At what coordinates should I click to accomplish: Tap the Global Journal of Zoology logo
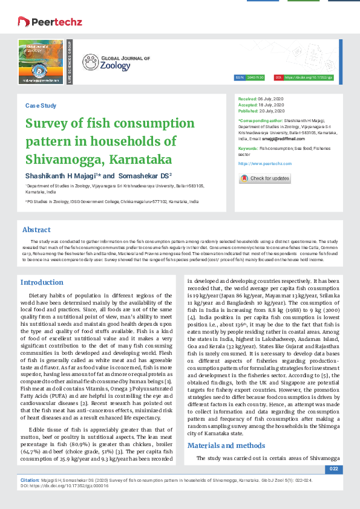108,62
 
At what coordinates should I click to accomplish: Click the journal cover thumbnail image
41,61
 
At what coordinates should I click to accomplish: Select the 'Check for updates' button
265,178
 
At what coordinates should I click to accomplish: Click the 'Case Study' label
41,106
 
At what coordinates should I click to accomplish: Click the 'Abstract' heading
36,230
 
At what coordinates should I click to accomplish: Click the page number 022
333,469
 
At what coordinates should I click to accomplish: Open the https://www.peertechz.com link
265,164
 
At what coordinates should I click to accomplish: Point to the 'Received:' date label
247,98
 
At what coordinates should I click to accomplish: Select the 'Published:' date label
249,111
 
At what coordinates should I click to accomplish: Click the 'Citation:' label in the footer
30,479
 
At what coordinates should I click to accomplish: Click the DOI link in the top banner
309,78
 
